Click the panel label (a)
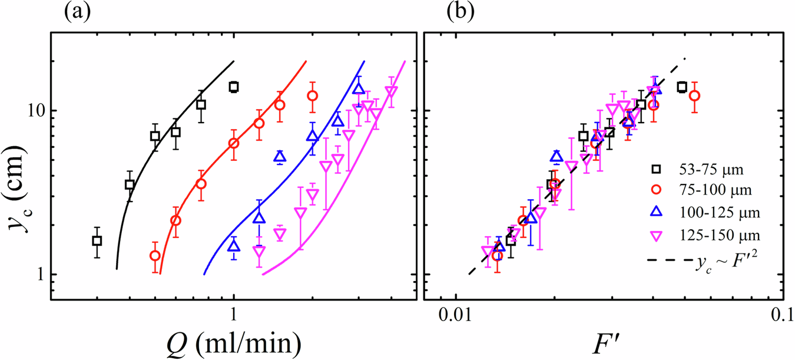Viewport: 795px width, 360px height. point(76,12)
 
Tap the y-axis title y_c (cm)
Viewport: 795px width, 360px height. point(20,177)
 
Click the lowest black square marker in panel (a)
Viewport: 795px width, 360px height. point(97,240)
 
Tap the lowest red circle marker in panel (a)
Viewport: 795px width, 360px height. point(155,256)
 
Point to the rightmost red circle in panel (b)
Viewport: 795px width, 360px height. point(695,95)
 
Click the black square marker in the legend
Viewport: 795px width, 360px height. point(654,171)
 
